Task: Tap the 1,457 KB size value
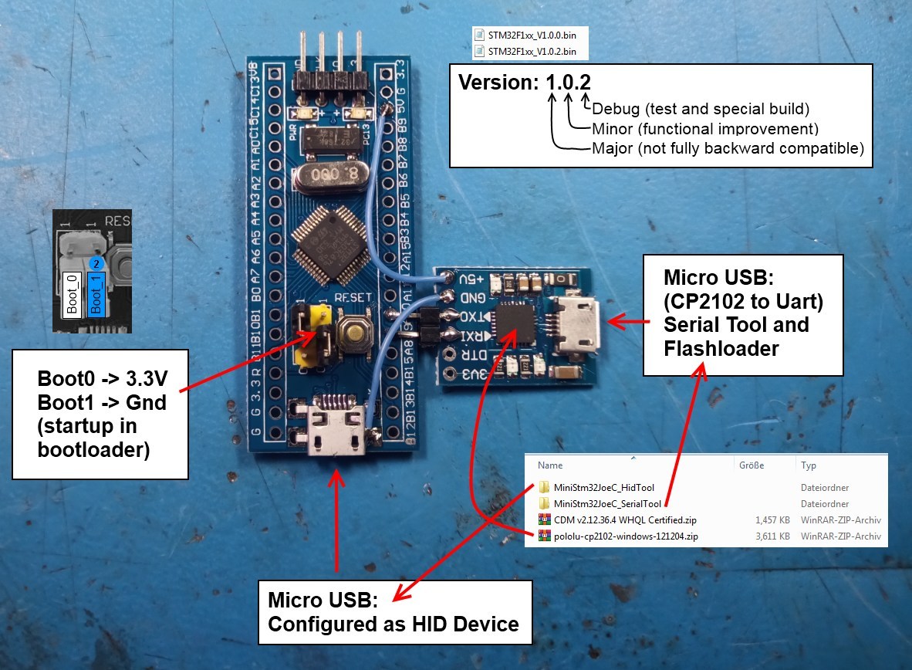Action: [772, 519]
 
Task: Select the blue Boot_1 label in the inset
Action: [96, 293]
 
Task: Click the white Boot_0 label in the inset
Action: [72, 293]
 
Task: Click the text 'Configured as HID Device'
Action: [393, 624]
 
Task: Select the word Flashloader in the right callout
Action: [721, 349]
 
